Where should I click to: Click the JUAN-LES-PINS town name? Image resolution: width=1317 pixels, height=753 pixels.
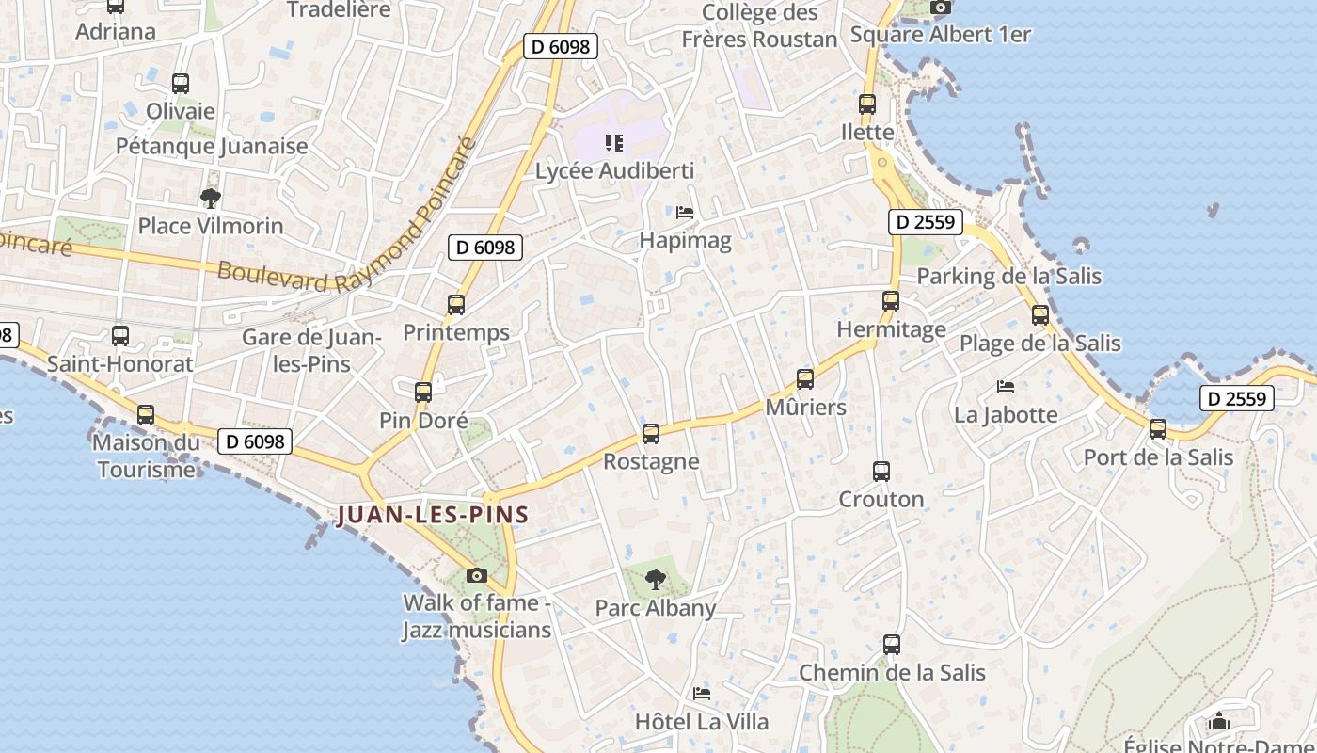433,515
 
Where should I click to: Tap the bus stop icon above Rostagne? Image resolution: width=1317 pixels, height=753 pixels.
650,434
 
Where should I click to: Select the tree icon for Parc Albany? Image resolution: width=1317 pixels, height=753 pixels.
656,580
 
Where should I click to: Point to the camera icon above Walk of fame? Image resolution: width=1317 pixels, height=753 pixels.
477,575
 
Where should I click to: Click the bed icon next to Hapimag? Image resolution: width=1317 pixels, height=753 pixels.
685,213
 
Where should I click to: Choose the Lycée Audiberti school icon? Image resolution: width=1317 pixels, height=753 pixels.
614,143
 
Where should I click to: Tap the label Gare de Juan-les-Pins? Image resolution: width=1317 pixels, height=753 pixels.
310,351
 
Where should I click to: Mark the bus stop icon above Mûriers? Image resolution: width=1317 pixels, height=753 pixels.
805,379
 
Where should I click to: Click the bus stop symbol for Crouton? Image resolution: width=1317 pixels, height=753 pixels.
881,472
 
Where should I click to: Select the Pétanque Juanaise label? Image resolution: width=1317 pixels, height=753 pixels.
212,146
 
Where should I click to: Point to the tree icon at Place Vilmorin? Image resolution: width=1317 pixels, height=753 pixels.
211,199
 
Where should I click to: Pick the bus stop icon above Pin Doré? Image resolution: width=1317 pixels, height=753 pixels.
423,393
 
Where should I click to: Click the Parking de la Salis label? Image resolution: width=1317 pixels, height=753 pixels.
1008,276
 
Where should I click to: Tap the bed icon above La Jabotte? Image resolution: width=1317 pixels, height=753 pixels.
1006,386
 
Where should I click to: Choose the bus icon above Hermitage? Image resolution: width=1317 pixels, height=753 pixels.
891,301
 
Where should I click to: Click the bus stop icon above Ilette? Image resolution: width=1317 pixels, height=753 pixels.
867,104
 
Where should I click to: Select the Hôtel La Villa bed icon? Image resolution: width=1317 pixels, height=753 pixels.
702,695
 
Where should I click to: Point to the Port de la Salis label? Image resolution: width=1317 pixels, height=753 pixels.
1158,457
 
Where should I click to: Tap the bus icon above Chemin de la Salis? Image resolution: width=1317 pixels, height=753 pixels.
892,645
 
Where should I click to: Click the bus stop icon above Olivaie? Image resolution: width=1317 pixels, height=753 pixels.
181,83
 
